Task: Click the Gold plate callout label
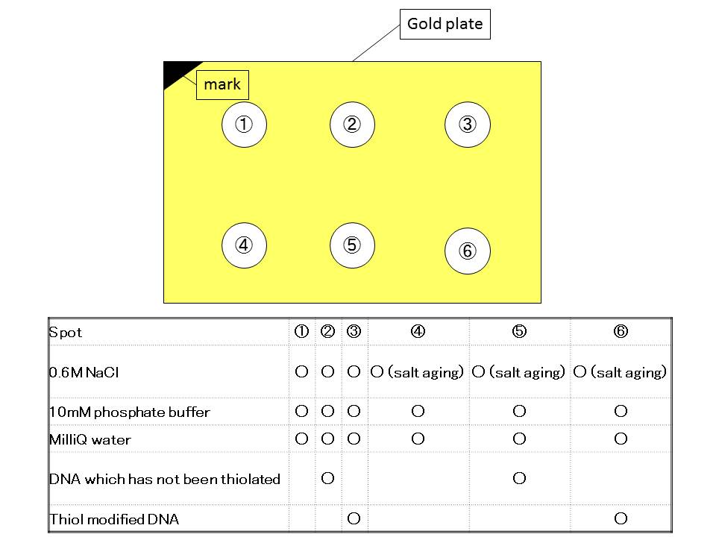click(445, 25)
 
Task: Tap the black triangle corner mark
click(176, 72)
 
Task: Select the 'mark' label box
click(222, 85)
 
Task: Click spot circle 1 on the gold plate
click(245, 125)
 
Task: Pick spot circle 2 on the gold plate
click(352, 125)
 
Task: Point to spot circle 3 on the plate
click(467, 125)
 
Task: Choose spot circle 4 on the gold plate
click(245, 245)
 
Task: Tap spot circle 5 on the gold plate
click(352, 245)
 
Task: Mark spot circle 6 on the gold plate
click(467, 251)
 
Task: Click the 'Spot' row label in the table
click(66, 333)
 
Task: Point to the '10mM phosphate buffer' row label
click(130, 412)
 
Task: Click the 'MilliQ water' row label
click(90, 439)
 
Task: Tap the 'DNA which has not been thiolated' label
click(165, 479)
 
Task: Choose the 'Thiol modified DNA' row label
click(114, 519)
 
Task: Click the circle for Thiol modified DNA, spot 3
click(354, 518)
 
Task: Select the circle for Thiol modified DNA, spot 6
click(621, 518)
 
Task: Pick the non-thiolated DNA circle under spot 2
click(327, 479)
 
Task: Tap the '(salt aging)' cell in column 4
click(425, 372)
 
